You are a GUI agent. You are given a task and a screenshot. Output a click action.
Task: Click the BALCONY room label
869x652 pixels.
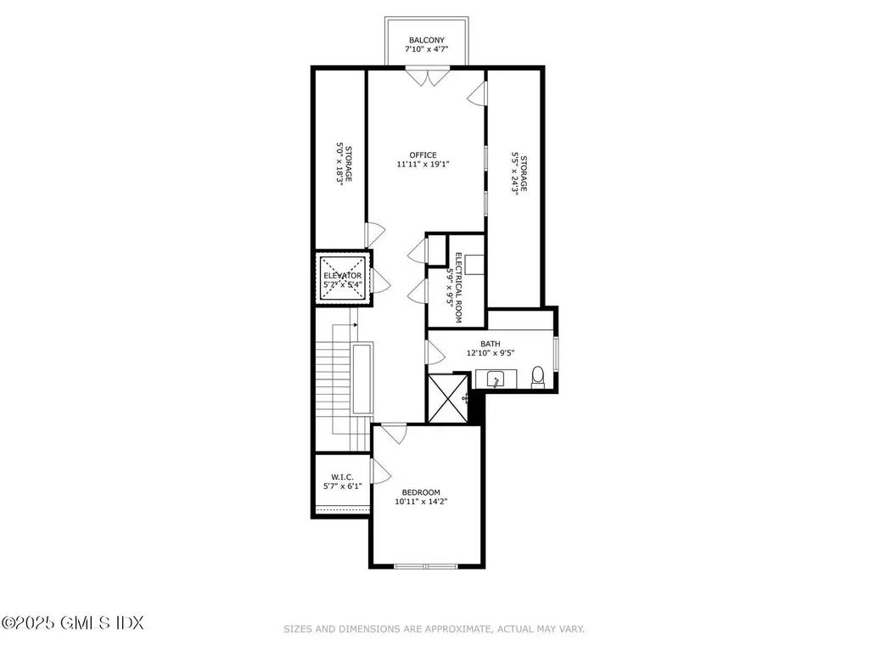[426, 40]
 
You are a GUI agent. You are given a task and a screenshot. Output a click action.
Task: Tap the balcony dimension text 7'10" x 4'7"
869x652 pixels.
[426, 50]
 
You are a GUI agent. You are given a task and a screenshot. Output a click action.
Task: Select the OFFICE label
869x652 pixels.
[423, 155]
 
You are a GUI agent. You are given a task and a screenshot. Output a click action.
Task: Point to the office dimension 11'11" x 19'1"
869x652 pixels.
[423, 165]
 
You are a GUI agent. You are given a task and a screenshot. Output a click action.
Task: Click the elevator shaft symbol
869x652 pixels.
[343, 276]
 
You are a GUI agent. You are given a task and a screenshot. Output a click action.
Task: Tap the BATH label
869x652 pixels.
[490, 344]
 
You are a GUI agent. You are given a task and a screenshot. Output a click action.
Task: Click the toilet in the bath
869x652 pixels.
[537, 376]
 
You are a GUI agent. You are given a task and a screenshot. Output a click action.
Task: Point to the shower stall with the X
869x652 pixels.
[446, 397]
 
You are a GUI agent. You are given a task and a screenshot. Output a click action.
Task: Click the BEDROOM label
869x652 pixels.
[421, 492]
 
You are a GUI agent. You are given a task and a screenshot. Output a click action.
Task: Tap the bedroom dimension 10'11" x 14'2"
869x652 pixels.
[421, 502]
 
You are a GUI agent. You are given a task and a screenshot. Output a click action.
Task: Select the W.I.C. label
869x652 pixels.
[342, 477]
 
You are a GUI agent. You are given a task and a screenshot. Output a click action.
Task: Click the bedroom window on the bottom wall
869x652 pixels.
[426, 565]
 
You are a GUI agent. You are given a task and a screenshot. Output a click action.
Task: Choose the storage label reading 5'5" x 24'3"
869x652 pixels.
[519, 174]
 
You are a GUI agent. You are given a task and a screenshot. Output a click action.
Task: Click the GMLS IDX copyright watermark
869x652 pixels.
[72, 622]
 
